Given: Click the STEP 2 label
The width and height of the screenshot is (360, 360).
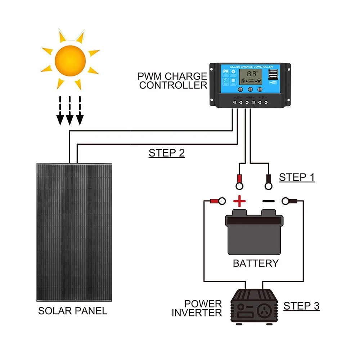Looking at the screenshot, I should [x=167, y=153].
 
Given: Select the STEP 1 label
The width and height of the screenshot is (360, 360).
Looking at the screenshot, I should [x=297, y=177].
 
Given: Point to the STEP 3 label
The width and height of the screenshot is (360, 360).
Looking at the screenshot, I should [x=301, y=306].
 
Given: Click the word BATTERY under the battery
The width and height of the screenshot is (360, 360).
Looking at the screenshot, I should [x=256, y=263].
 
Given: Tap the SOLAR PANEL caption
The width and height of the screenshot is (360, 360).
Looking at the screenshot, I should [x=73, y=311].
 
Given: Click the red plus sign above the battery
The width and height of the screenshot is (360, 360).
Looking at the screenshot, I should [x=239, y=201].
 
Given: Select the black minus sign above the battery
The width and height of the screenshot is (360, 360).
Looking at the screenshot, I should [x=268, y=201].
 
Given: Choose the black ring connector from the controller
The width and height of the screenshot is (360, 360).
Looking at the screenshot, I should [x=268, y=182].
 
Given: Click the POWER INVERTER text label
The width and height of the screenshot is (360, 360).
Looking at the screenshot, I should [x=197, y=308].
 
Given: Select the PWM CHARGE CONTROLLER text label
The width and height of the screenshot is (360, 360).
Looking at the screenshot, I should [x=172, y=81].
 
